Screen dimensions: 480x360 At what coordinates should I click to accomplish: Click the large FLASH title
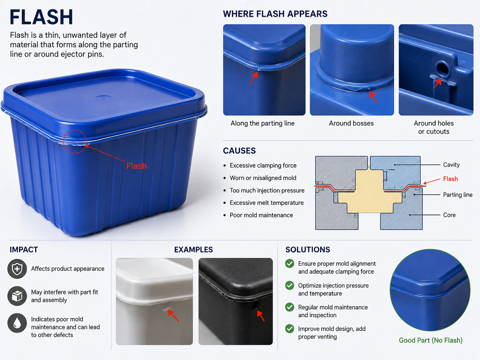point(41,17)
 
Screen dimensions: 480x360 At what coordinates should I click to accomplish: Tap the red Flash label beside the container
point(137,166)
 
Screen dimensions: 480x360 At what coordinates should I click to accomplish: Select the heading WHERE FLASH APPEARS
point(275,14)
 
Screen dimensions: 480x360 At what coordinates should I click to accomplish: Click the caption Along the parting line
point(263,123)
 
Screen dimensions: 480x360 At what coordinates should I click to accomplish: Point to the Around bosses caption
point(351,123)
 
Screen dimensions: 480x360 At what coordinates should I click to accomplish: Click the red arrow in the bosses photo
point(373,97)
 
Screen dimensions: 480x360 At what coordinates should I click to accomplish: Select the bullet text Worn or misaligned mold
point(263,178)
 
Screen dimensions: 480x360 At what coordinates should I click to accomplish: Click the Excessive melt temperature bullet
point(267,203)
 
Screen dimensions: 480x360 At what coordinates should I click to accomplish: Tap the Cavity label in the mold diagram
point(451,165)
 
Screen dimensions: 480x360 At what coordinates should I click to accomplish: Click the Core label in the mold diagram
point(449,215)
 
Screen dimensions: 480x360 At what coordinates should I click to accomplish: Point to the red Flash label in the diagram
point(450,179)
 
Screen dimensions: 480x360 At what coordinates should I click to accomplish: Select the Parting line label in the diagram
point(457,195)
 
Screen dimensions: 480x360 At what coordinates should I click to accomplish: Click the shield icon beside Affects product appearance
point(17,269)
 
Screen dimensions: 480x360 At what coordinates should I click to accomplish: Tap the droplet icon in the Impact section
point(17,323)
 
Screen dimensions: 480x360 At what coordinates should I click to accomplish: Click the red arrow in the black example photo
point(261,316)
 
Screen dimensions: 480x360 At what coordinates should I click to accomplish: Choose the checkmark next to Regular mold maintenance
point(289,307)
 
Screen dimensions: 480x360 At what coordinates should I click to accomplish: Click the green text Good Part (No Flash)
point(431,340)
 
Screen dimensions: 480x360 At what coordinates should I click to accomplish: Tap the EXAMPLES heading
point(193,250)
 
